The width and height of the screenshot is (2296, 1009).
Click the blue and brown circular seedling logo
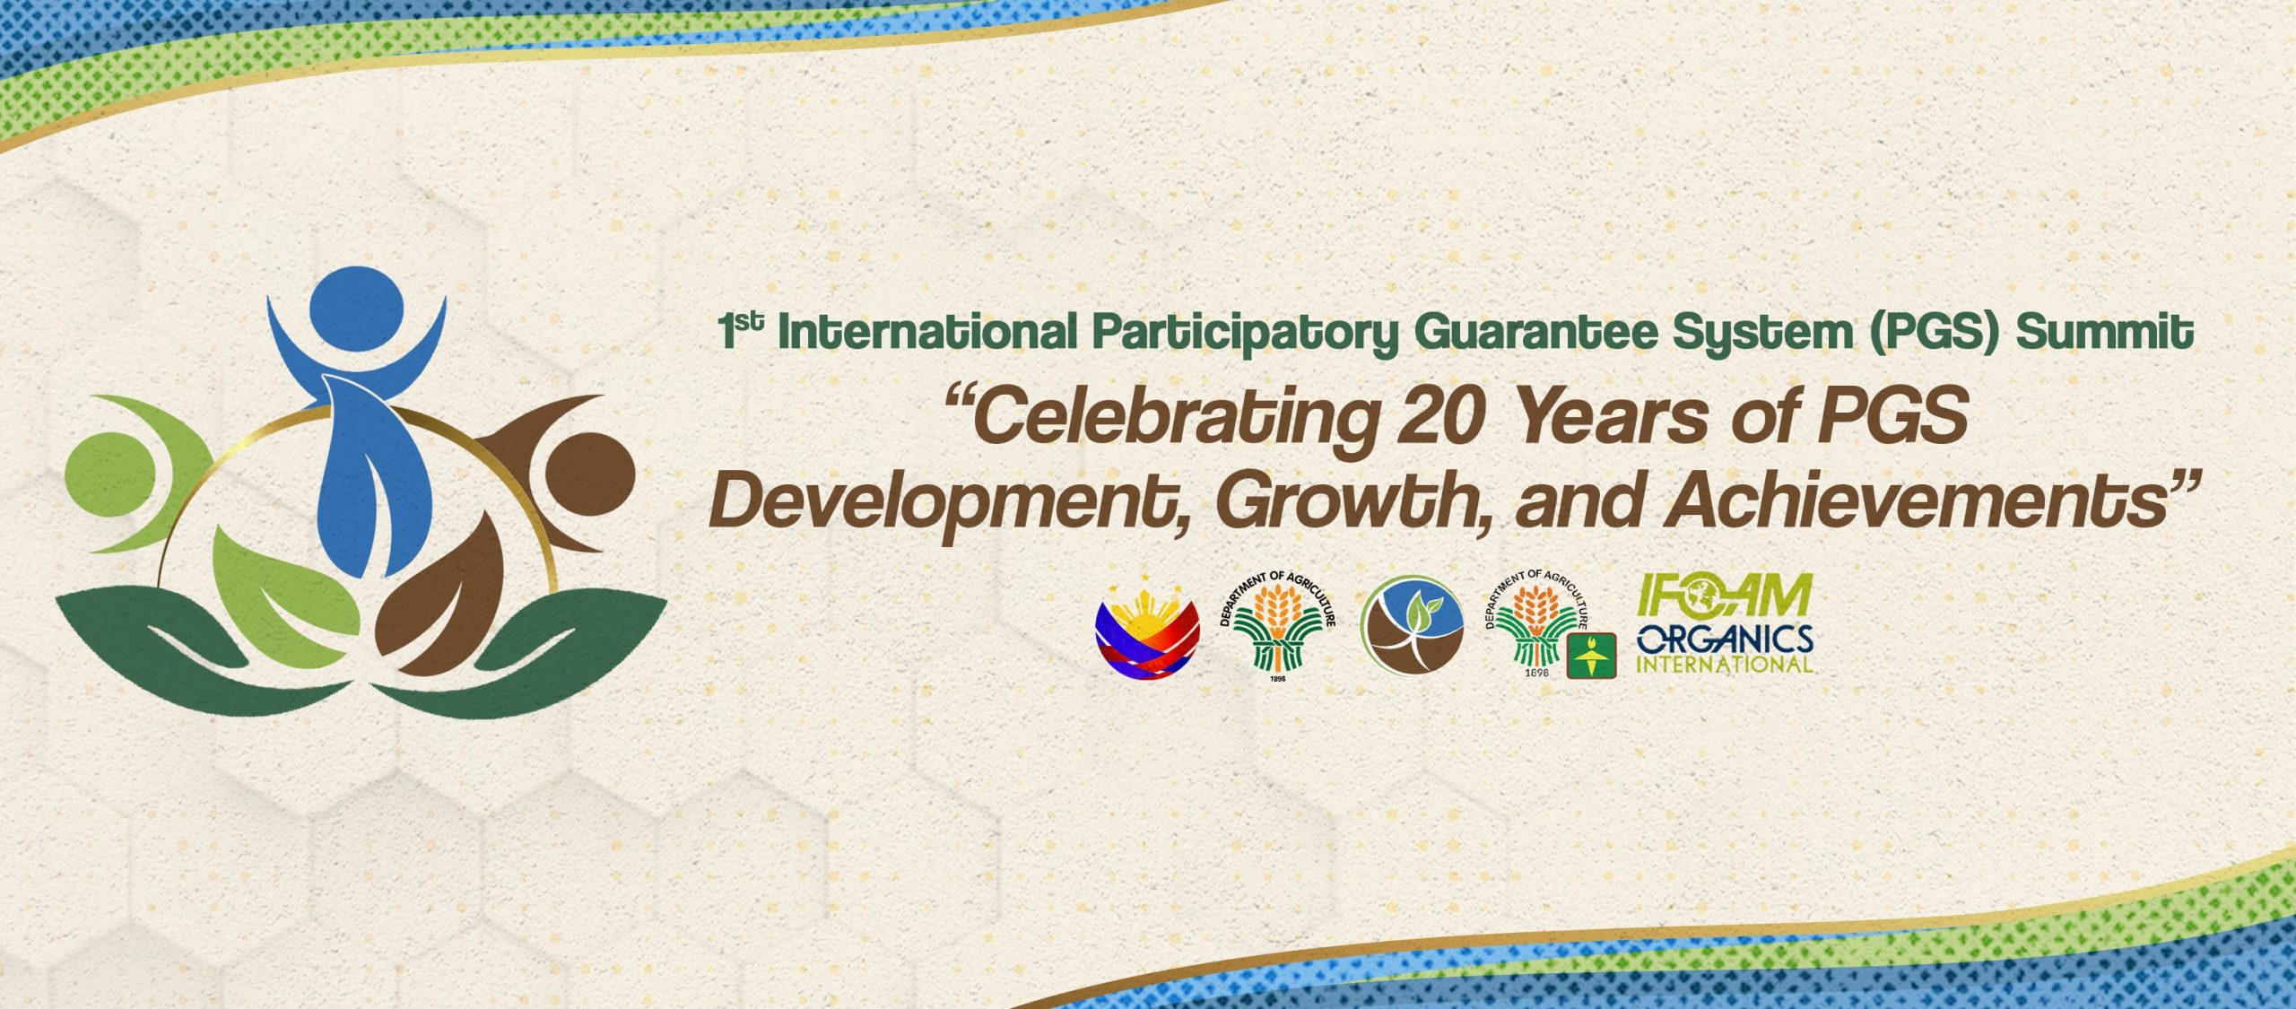1412,625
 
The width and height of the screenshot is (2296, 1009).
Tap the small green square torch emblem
1592,656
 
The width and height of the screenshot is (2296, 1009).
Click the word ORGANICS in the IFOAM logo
1725,639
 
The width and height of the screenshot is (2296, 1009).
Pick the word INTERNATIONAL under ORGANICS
1725,665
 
